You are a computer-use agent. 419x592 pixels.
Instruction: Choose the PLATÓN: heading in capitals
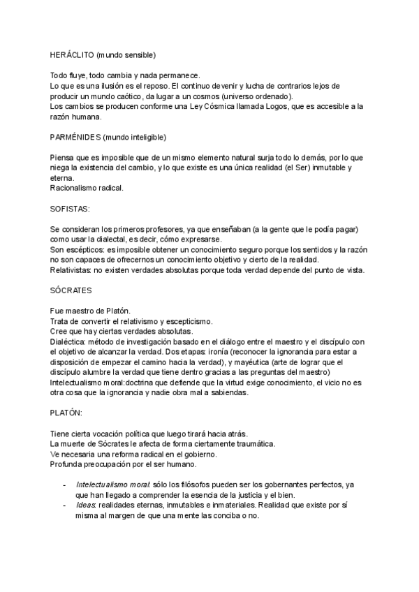[67, 413]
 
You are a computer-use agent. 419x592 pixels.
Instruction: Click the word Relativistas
[72, 270]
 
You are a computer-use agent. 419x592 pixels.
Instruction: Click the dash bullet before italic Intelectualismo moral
[65, 484]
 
